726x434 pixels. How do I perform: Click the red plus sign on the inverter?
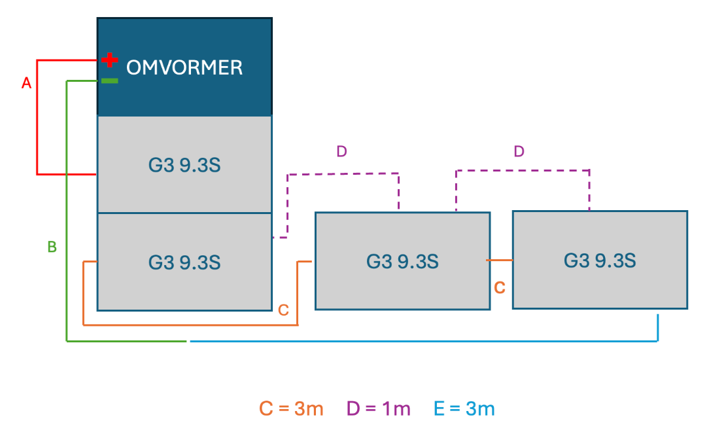(110, 61)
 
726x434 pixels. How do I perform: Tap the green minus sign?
(110, 81)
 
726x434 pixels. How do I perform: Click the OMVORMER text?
(184, 67)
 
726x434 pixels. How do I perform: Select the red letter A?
(27, 83)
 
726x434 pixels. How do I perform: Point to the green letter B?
(52, 247)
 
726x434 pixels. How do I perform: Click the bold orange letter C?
(499, 287)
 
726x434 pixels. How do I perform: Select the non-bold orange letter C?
(283, 310)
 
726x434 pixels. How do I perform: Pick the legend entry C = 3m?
(291, 409)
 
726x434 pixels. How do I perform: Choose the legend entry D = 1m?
(379, 409)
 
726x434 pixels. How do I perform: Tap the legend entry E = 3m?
(464, 409)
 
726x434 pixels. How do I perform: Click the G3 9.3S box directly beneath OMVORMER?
(184, 165)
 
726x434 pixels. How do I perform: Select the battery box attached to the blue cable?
(600, 260)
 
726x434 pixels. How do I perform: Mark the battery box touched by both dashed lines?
(402, 261)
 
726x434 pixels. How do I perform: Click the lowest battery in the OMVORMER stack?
(184, 262)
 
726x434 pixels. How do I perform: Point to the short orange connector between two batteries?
(500, 261)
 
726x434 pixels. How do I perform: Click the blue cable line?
(425, 341)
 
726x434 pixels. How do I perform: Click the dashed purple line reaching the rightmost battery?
(523, 170)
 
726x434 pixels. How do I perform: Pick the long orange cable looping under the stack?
(190, 324)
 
